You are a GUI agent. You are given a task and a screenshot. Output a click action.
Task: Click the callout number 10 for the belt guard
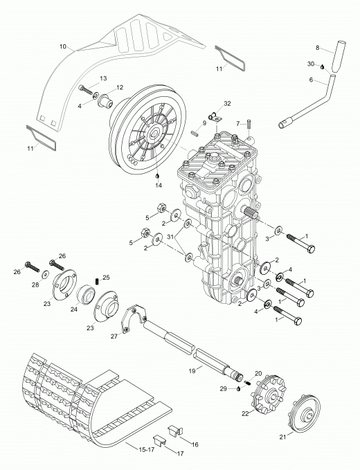(62, 46)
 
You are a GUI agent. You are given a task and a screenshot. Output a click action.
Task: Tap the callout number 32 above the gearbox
(228, 103)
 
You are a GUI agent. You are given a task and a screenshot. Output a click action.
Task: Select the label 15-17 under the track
(147, 450)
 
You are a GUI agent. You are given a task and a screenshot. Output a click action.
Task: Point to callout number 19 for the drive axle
(192, 371)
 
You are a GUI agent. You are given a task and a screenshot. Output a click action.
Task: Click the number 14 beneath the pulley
(159, 186)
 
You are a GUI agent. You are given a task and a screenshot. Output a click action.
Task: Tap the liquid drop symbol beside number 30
(322, 66)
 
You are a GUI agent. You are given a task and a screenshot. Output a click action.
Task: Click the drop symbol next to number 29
(238, 389)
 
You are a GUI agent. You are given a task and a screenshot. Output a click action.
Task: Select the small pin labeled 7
(249, 124)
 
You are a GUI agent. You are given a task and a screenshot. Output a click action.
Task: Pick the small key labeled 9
(195, 133)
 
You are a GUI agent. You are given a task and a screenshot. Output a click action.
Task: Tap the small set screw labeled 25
(97, 282)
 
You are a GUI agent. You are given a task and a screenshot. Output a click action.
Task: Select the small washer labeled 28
(46, 274)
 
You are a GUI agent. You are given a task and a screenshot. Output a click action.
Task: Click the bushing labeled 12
(107, 101)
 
